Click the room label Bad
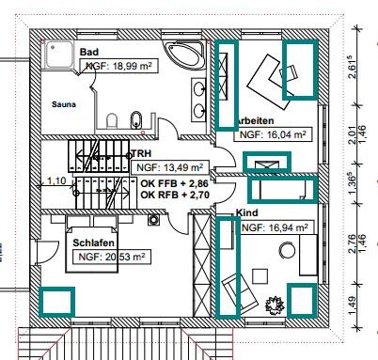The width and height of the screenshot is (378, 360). click(x=89, y=52)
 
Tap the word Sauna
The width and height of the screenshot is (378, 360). click(x=64, y=104)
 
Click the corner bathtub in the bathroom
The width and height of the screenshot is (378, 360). click(x=185, y=55)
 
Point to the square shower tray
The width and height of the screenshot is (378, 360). click(x=59, y=55)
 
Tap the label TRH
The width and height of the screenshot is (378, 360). click(x=141, y=153)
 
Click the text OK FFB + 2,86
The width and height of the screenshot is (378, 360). click(x=175, y=183)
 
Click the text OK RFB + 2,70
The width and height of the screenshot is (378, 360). click(x=175, y=195)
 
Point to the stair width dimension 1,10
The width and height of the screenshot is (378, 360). click(x=56, y=180)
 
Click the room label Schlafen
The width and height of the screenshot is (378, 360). click(x=93, y=243)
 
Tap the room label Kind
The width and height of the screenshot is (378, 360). click(x=246, y=212)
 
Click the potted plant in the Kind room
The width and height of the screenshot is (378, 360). click(x=275, y=305)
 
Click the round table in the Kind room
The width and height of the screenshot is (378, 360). click(x=287, y=250)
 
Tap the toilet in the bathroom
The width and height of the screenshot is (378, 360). click(x=112, y=120)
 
